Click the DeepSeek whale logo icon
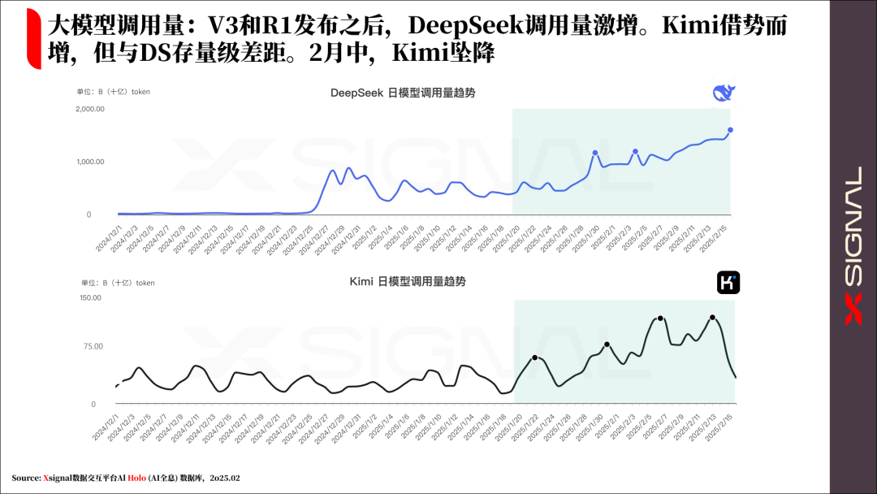point(723,93)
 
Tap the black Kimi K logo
point(728,283)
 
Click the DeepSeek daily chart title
point(403,93)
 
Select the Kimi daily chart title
point(408,281)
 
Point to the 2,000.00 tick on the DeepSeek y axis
point(89,109)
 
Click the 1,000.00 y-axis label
point(89,162)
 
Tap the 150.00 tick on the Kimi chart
point(90,297)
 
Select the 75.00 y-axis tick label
point(92,346)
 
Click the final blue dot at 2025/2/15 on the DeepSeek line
point(730,130)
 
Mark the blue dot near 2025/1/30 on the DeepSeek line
point(595,153)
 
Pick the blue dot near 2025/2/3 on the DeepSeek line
point(635,151)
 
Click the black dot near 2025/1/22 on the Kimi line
point(534,357)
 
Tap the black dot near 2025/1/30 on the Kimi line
point(607,344)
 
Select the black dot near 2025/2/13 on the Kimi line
point(712,318)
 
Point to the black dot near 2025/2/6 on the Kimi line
point(660,318)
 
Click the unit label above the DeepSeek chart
point(113,93)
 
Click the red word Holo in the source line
point(136,478)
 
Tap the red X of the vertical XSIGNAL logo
point(853,310)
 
